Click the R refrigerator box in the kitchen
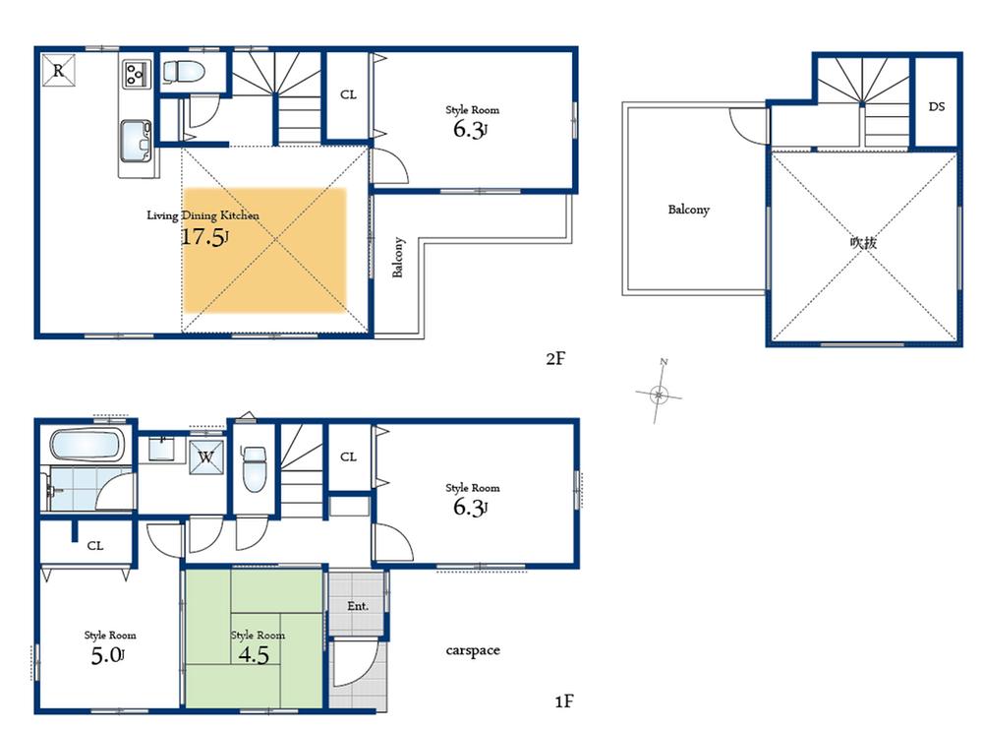(x=58, y=70)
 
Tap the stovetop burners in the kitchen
(x=136, y=72)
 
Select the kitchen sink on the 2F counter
(x=135, y=137)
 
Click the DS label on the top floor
(x=936, y=106)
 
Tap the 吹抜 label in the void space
(x=863, y=242)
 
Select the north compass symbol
(x=661, y=394)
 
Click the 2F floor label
(x=556, y=358)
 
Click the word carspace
(x=473, y=650)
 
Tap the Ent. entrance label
(x=358, y=606)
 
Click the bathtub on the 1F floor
(x=87, y=448)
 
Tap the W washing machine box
(x=205, y=456)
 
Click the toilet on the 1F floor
(x=254, y=464)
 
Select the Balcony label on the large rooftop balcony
(x=688, y=210)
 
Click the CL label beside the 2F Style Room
(x=348, y=94)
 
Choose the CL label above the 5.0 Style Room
(x=94, y=545)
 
